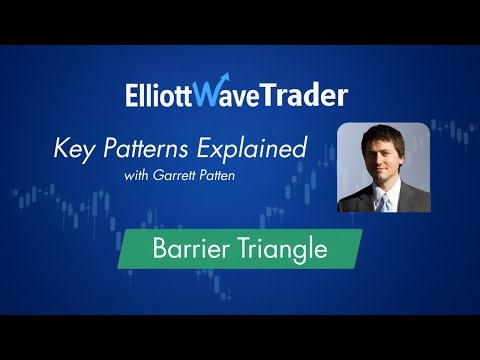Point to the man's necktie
pos(382,202)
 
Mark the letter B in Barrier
pos(163,248)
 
